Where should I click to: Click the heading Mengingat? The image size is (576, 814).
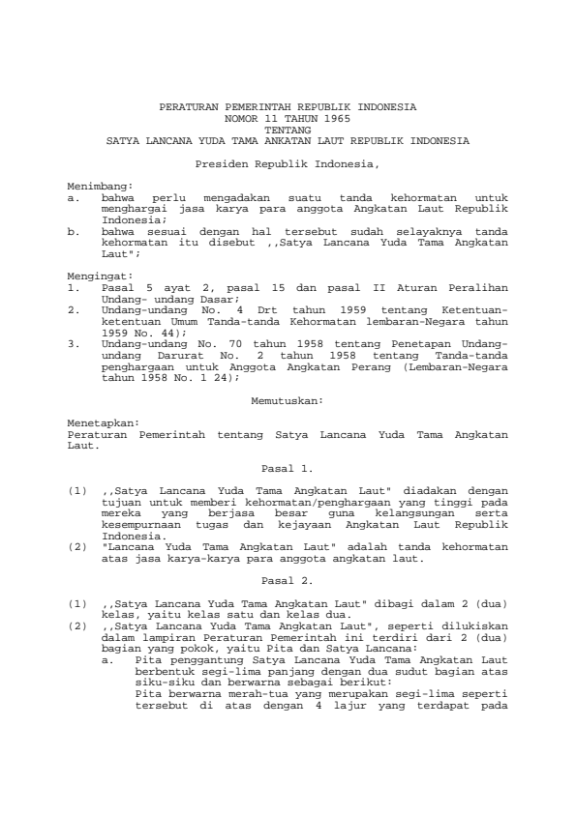pyautogui.click(x=97, y=276)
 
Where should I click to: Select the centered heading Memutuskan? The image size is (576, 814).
pyautogui.click(x=288, y=398)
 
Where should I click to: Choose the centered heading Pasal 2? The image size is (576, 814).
pyautogui.click(x=288, y=583)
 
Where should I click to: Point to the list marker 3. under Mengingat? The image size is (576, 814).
pyautogui.click(x=73, y=344)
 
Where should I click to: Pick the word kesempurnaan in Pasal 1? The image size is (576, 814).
pyautogui.click(x=136, y=523)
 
